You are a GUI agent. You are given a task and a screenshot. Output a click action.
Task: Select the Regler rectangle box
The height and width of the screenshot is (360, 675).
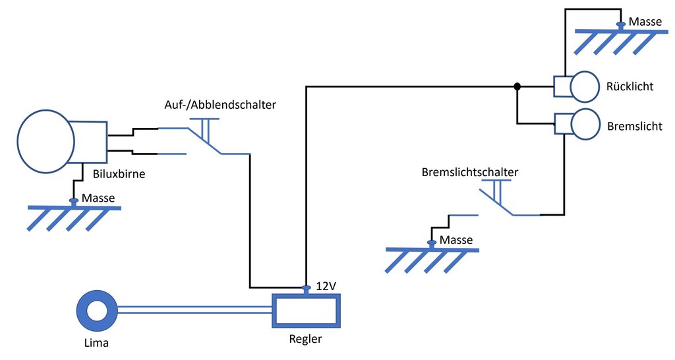(307, 311)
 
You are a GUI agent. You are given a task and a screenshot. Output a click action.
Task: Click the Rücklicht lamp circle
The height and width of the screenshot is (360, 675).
(583, 86)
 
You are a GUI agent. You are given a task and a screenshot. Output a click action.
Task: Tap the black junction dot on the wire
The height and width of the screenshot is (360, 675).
(517, 86)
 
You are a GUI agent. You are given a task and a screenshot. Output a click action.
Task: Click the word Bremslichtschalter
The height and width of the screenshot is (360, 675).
(469, 172)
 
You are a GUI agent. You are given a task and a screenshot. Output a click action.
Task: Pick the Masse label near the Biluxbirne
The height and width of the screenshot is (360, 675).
(99, 198)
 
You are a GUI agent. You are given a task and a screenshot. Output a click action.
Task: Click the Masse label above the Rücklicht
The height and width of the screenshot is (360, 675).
(645, 22)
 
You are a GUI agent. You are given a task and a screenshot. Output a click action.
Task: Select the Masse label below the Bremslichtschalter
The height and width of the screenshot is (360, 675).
(456, 240)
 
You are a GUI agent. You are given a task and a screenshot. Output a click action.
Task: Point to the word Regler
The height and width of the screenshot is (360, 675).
(306, 340)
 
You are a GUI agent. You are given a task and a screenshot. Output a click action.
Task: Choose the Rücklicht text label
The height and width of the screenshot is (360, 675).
(629, 86)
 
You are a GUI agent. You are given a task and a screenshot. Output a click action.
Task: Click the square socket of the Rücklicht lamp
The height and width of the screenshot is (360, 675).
(562, 86)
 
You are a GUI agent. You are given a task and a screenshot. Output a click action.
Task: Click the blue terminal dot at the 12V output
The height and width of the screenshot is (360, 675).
(306, 287)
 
